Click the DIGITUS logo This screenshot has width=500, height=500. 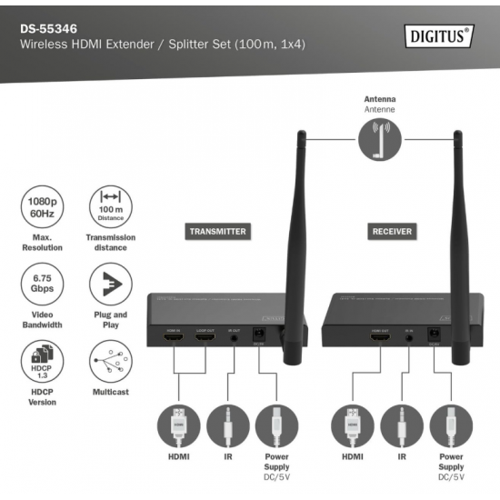[x=437, y=37]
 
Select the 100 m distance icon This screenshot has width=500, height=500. [x=110, y=206]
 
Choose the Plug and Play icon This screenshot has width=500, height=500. [x=110, y=285]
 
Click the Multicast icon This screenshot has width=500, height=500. [x=110, y=362]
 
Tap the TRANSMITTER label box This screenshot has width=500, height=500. [x=217, y=231]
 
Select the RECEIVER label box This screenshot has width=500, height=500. [x=392, y=231]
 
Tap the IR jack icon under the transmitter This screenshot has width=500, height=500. [x=228, y=424]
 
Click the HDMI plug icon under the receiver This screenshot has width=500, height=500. [x=351, y=424]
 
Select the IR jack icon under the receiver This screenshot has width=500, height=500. [x=402, y=424]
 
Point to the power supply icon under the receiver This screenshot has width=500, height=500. [x=452, y=424]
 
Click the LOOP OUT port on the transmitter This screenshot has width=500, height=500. [x=205, y=339]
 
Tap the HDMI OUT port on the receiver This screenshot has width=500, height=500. [x=380, y=340]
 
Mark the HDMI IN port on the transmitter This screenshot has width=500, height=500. [x=174, y=339]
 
